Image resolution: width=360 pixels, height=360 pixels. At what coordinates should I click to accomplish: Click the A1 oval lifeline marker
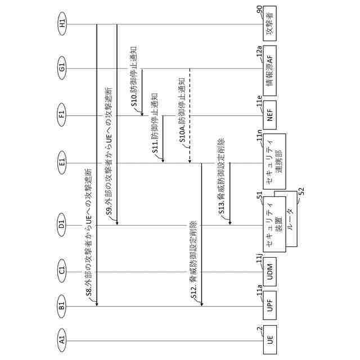pos(62,339)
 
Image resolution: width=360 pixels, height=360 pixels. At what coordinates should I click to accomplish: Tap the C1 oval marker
pos(62,273)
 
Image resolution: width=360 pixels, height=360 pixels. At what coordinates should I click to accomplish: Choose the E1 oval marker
pos(62,163)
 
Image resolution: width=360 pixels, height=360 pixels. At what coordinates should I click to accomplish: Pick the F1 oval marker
pos(62,116)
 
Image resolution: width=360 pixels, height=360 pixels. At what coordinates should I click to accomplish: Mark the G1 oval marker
pos(62,69)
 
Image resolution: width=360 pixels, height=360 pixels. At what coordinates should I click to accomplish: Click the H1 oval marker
pos(62,24)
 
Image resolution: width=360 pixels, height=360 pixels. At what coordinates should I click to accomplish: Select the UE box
pos(270,339)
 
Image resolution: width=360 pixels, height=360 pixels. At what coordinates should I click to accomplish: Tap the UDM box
pos(270,273)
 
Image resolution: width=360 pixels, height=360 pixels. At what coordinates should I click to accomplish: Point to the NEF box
pos(270,116)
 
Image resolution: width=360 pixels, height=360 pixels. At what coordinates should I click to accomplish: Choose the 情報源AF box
pos(270,69)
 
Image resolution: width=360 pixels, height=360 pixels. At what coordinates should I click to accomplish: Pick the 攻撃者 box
pos(270,24)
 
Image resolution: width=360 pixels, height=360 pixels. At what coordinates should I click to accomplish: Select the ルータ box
pos(292,217)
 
